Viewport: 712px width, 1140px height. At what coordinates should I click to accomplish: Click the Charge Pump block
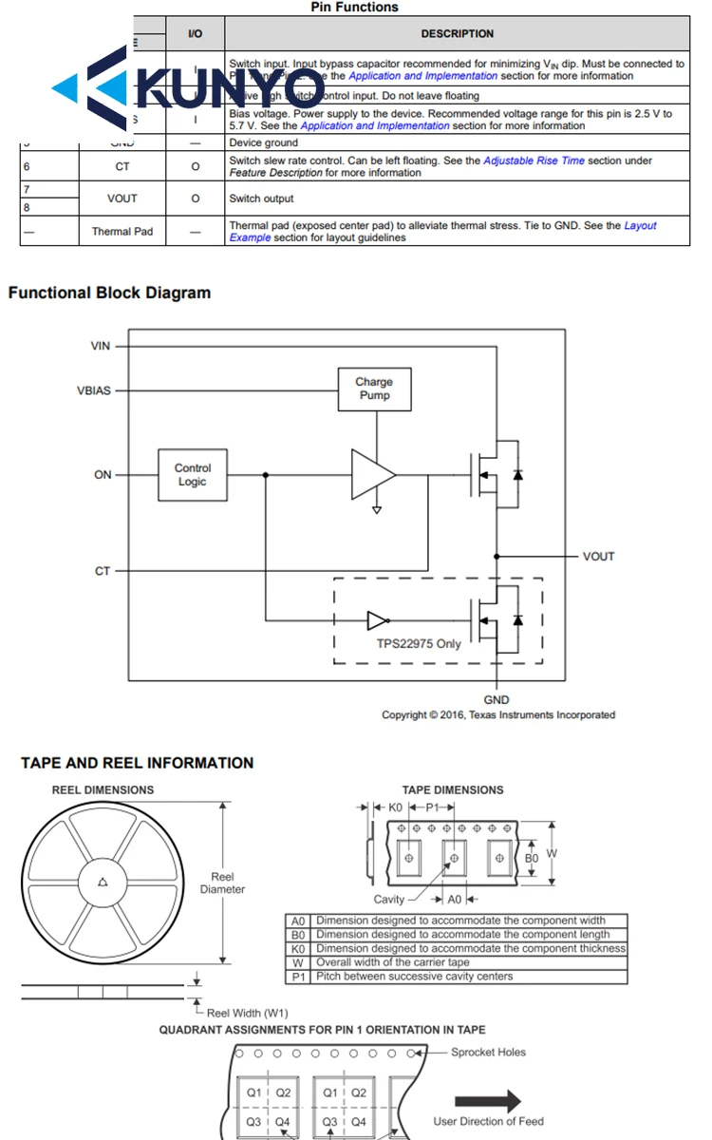(x=374, y=389)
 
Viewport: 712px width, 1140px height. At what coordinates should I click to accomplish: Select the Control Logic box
(x=192, y=475)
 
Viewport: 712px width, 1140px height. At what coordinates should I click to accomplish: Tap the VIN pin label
(x=101, y=346)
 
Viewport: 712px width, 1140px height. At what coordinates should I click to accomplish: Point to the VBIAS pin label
(x=94, y=390)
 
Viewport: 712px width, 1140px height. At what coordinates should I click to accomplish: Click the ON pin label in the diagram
(x=103, y=475)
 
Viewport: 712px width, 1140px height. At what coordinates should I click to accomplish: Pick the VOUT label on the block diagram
(x=598, y=556)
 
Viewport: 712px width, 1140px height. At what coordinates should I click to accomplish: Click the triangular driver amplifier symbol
(x=372, y=474)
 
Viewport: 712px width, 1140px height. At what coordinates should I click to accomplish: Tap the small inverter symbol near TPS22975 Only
(x=378, y=620)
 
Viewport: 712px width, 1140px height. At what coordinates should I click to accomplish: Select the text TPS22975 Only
(x=418, y=644)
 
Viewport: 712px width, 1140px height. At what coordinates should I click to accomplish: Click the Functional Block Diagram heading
(x=109, y=293)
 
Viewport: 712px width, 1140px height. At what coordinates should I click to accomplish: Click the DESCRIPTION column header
(x=457, y=34)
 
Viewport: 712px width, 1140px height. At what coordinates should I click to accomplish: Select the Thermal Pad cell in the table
(x=122, y=231)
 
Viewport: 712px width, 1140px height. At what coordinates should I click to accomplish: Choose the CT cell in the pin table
(x=122, y=166)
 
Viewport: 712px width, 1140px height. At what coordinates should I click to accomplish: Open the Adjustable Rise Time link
(x=534, y=161)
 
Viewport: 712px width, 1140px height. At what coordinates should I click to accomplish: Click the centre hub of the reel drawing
(x=102, y=883)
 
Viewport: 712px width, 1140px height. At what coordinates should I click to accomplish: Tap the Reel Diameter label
(x=222, y=883)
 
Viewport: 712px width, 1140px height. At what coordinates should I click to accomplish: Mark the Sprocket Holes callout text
(x=488, y=1052)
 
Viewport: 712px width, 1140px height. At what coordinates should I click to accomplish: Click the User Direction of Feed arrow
(x=488, y=1101)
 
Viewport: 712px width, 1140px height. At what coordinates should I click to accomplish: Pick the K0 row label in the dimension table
(x=298, y=948)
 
